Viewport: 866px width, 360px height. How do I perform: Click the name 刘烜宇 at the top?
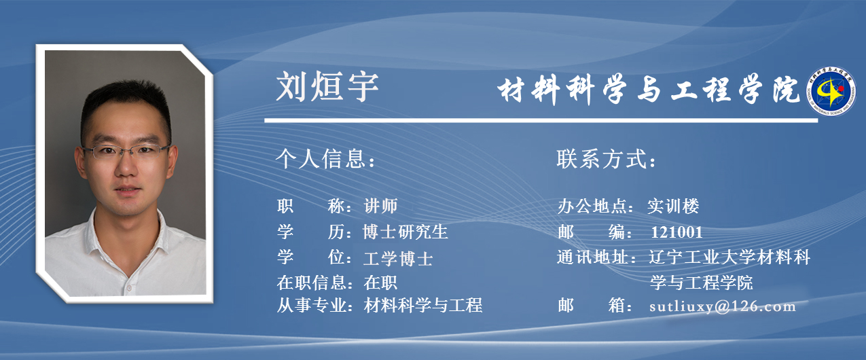pyautogui.click(x=327, y=87)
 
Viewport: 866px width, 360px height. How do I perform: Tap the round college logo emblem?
pyautogui.click(x=831, y=91)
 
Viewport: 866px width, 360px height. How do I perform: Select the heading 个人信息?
pyautogui.click(x=325, y=158)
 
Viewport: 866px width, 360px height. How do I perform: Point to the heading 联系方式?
pyautogui.click(x=606, y=159)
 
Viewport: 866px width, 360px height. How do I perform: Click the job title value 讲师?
pyautogui.click(x=380, y=206)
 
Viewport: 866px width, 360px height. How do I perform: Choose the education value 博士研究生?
pyautogui.click(x=405, y=232)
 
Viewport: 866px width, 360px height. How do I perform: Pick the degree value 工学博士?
pyautogui.click(x=398, y=258)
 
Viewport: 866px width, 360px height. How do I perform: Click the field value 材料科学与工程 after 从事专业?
pyautogui.click(x=423, y=305)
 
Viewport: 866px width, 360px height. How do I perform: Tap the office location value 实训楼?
pyautogui.click(x=673, y=206)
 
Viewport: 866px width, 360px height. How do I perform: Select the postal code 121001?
pyautogui.click(x=676, y=232)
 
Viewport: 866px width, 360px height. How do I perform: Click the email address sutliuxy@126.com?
pyautogui.click(x=722, y=306)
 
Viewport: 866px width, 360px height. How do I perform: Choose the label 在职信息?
pyautogui.click(x=314, y=283)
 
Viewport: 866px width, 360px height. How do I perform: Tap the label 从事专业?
pyautogui.click(x=314, y=305)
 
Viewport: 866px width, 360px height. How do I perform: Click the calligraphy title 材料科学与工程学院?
pyautogui.click(x=648, y=90)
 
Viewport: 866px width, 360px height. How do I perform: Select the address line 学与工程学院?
pyautogui.click(x=701, y=283)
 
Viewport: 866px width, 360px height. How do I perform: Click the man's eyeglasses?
pyautogui.click(x=126, y=151)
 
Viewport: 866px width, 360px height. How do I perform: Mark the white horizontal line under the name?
pyautogui.click(x=541, y=121)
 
